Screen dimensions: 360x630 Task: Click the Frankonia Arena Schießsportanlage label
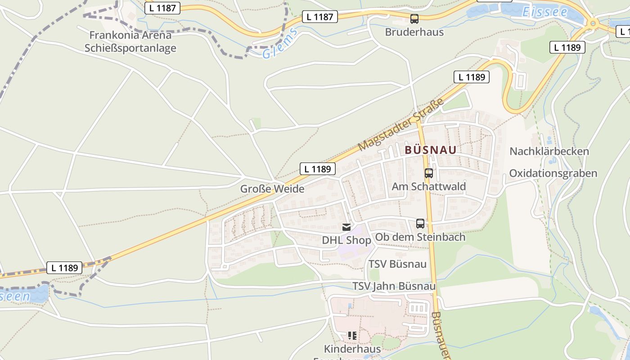(130, 41)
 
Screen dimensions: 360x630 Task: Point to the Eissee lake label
(545, 12)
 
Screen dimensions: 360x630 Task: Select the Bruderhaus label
(414, 32)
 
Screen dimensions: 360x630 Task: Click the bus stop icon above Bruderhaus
(414, 19)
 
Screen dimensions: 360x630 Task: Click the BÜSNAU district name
(431, 150)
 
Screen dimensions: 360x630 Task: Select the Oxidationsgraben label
(553, 173)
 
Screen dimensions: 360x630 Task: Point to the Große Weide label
(272, 189)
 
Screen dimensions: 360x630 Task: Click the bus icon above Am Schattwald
(429, 173)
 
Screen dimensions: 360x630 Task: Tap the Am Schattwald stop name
(429, 186)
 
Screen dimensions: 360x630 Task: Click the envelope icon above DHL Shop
(346, 227)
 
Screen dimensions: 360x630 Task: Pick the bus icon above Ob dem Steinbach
(420, 223)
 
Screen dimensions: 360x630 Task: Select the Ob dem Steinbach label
(420, 237)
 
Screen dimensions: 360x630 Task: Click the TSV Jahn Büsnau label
(394, 286)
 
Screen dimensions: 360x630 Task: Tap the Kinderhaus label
(352, 349)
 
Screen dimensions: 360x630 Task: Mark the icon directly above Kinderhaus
(352, 335)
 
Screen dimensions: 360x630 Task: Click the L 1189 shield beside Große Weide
(318, 169)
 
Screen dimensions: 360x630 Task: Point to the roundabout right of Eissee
(593, 22)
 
